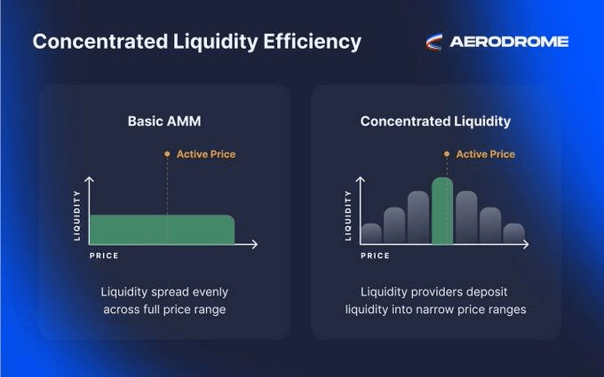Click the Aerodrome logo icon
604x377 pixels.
tap(433, 42)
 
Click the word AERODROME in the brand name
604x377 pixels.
tap(509, 42)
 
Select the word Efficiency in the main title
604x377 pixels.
tap(312, 42)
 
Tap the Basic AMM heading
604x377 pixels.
tap(164, 122)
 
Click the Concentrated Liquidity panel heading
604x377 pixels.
tap(435, 122)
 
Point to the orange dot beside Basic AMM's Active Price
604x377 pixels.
tap(167, 153)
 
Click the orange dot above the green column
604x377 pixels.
tap(447, 153)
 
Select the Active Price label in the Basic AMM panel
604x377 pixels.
tap(206, 154)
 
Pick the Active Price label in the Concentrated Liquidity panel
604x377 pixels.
tap(486, 154)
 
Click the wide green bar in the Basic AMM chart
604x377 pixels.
tap(162, 230)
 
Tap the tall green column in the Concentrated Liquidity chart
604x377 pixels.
tap(442, 211)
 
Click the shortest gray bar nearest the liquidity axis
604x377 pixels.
tap(371, 233)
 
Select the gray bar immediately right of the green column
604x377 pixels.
tap(466, 217)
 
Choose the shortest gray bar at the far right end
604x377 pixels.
tap(514, 233)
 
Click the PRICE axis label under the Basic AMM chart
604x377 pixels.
tap(104, 255)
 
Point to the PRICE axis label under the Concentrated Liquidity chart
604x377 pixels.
tap(375, 255)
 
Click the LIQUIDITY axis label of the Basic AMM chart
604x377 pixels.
tap(77, 216)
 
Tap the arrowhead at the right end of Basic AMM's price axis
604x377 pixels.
tap(255, 244)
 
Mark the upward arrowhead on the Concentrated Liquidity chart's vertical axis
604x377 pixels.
tap(361, 179)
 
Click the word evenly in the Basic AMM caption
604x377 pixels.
tap(211, 292)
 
